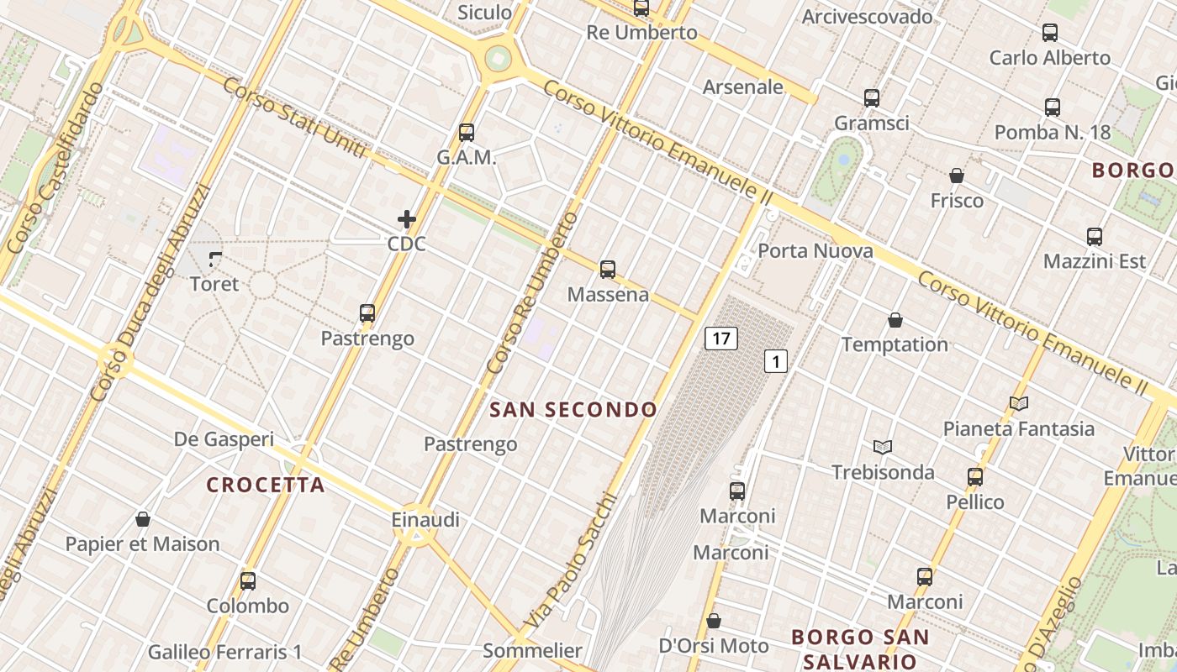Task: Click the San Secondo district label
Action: pos(573,410)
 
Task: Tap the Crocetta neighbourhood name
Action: pos(266,485)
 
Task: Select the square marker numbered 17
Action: pos(720,339)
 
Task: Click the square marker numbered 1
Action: pos(775,362)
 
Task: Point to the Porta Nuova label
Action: pos(815,250)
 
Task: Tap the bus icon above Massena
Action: pos(608,270)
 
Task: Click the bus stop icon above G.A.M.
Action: pos(467,133)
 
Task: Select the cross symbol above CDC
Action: pos(407,219)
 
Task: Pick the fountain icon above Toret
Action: pos(215,260)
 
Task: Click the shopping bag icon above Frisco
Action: pos(957,176)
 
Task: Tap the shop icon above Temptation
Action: pos(895,320)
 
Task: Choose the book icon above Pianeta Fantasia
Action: pos(1019,404)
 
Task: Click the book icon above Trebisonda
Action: pos(883,447)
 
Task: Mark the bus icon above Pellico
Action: pos(975,477)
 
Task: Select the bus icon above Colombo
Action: pos(248,580)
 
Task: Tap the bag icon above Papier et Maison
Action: pos(143,519)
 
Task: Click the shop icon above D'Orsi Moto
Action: pos(714,621)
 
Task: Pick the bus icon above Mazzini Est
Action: pos(1094,237)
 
